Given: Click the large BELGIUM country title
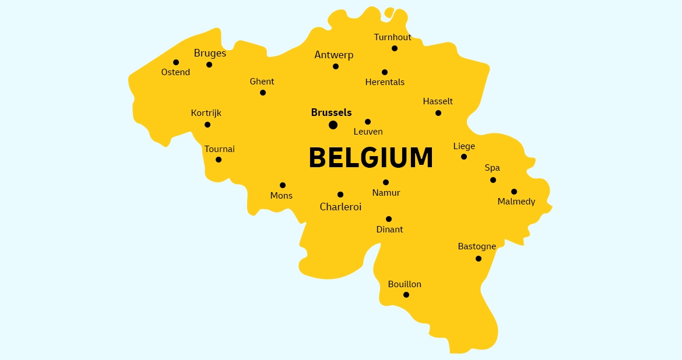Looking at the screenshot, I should [371, 158].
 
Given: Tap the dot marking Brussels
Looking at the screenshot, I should [333, 125].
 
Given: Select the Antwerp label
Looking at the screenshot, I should [334, 55].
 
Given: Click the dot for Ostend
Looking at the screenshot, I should [176, 62].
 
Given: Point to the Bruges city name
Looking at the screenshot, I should [210, 53].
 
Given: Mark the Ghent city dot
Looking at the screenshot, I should [263, 93].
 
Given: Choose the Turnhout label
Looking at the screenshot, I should [392, 37].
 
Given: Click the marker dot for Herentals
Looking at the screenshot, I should [385, 72].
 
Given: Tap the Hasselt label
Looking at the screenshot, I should [438, 101].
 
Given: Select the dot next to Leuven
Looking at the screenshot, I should [368, 122].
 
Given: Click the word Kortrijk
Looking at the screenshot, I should [206, 113].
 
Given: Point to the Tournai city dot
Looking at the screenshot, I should [219, 160].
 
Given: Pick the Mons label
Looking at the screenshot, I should [282, 196].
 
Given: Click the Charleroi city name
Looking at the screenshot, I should [340, 207].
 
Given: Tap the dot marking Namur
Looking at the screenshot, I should [386, 182].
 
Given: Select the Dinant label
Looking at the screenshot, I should [389, 230].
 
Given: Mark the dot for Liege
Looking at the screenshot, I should [464, 157].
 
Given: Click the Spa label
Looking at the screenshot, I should [493, 168].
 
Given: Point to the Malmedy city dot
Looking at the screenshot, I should [514, 192].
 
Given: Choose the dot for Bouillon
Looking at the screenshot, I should [406, 295].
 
